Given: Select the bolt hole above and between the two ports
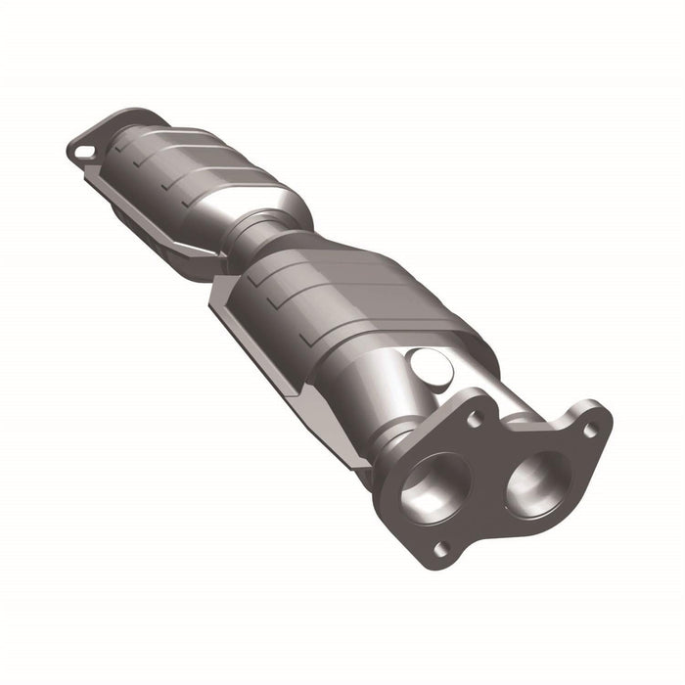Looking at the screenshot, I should [475, 418].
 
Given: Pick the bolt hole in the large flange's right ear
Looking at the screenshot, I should [589, 429].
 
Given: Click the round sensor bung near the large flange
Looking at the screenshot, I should [431, 366].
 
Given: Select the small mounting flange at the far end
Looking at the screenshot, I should [93, 145].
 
